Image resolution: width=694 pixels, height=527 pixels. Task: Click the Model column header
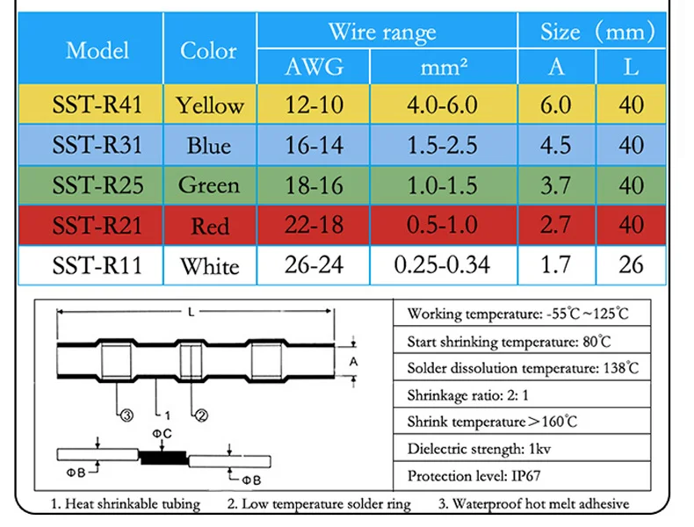click(98, 50)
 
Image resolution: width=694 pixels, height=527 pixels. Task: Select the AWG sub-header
click(314, 67)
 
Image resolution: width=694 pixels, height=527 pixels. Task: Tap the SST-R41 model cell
click(98, 105)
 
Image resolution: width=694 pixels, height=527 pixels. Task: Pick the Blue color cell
click(209, 146)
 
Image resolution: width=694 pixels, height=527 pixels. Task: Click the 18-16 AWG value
click(314, 185)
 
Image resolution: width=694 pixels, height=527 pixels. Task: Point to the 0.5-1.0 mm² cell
click(442, 225)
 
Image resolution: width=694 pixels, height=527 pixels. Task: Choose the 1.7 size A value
click(556, 264)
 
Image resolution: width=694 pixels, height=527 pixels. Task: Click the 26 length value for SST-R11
click(631, 264)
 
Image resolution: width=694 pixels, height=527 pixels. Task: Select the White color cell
click(210, 266)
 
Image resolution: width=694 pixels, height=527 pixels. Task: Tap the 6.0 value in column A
click(556, 105)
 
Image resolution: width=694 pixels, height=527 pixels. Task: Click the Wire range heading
click(382, 32)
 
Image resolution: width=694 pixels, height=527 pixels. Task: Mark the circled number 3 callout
click(127, 415)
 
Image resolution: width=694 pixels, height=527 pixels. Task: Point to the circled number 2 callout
click(201, 415)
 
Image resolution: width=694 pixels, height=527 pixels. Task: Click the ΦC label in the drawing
click(162, 434)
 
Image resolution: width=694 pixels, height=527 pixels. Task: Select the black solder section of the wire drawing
click(163, 458)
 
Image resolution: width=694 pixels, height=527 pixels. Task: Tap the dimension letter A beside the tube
click(353, 362)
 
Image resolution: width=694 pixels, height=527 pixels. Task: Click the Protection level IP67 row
click(474, 476)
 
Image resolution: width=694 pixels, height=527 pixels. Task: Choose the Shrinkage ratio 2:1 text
click(468, 394)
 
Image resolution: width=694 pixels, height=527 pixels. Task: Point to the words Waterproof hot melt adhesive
click(540, 503)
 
